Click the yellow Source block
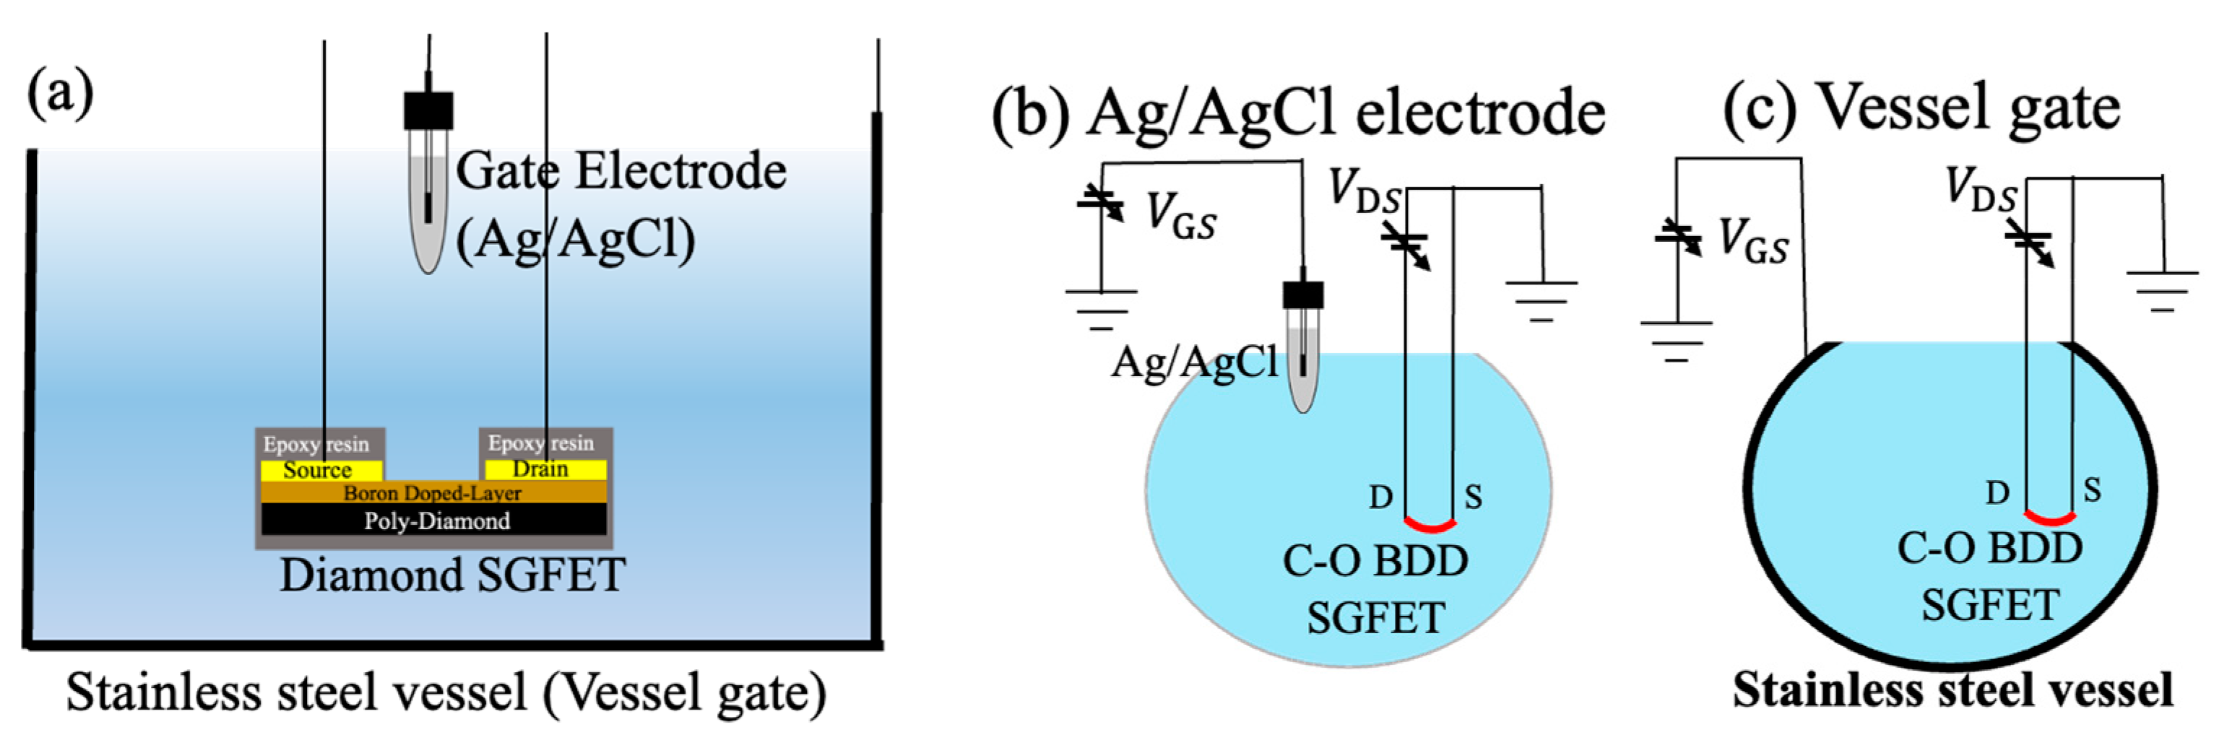[321, 470]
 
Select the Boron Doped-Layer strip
[433, 492]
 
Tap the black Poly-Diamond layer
[435, 521]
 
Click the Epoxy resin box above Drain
[544, 443]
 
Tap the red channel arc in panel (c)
[2050, 519]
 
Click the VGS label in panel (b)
[1182, 216]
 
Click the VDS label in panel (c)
[1981, 190]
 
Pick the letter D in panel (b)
[1380, 497]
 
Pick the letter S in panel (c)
[2092, 490]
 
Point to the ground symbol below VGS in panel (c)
[1676, 340]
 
